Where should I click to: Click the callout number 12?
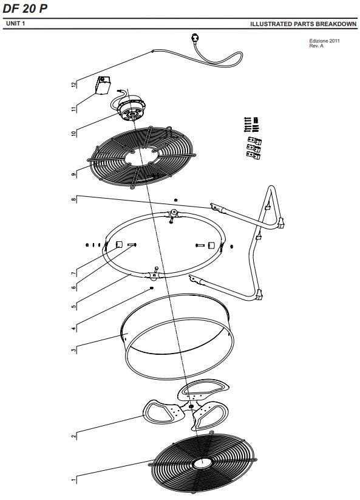tap(74, 84)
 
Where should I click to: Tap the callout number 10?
tap(74, 133)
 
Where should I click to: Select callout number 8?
tap(74, 199)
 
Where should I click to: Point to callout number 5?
tap(74, 307)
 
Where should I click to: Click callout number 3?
tap(74, 350)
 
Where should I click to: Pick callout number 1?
tap(74, 479)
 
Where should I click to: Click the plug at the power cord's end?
tap(194, 38)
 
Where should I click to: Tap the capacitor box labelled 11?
tap(103, 85)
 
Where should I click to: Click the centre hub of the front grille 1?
tap(202, 463)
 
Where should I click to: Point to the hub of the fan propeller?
tap(191, 406)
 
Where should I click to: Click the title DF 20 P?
tap(25, 9)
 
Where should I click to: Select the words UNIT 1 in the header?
tap(15, 23)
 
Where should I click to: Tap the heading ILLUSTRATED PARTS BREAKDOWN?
tap(304, 24)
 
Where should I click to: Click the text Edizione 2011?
tap(324, 41)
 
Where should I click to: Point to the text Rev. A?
tap(316, 46)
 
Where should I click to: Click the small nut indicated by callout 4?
tap(152, 288)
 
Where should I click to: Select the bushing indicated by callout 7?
tap(119, 244)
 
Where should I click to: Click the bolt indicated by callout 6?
tap(132, 245)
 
